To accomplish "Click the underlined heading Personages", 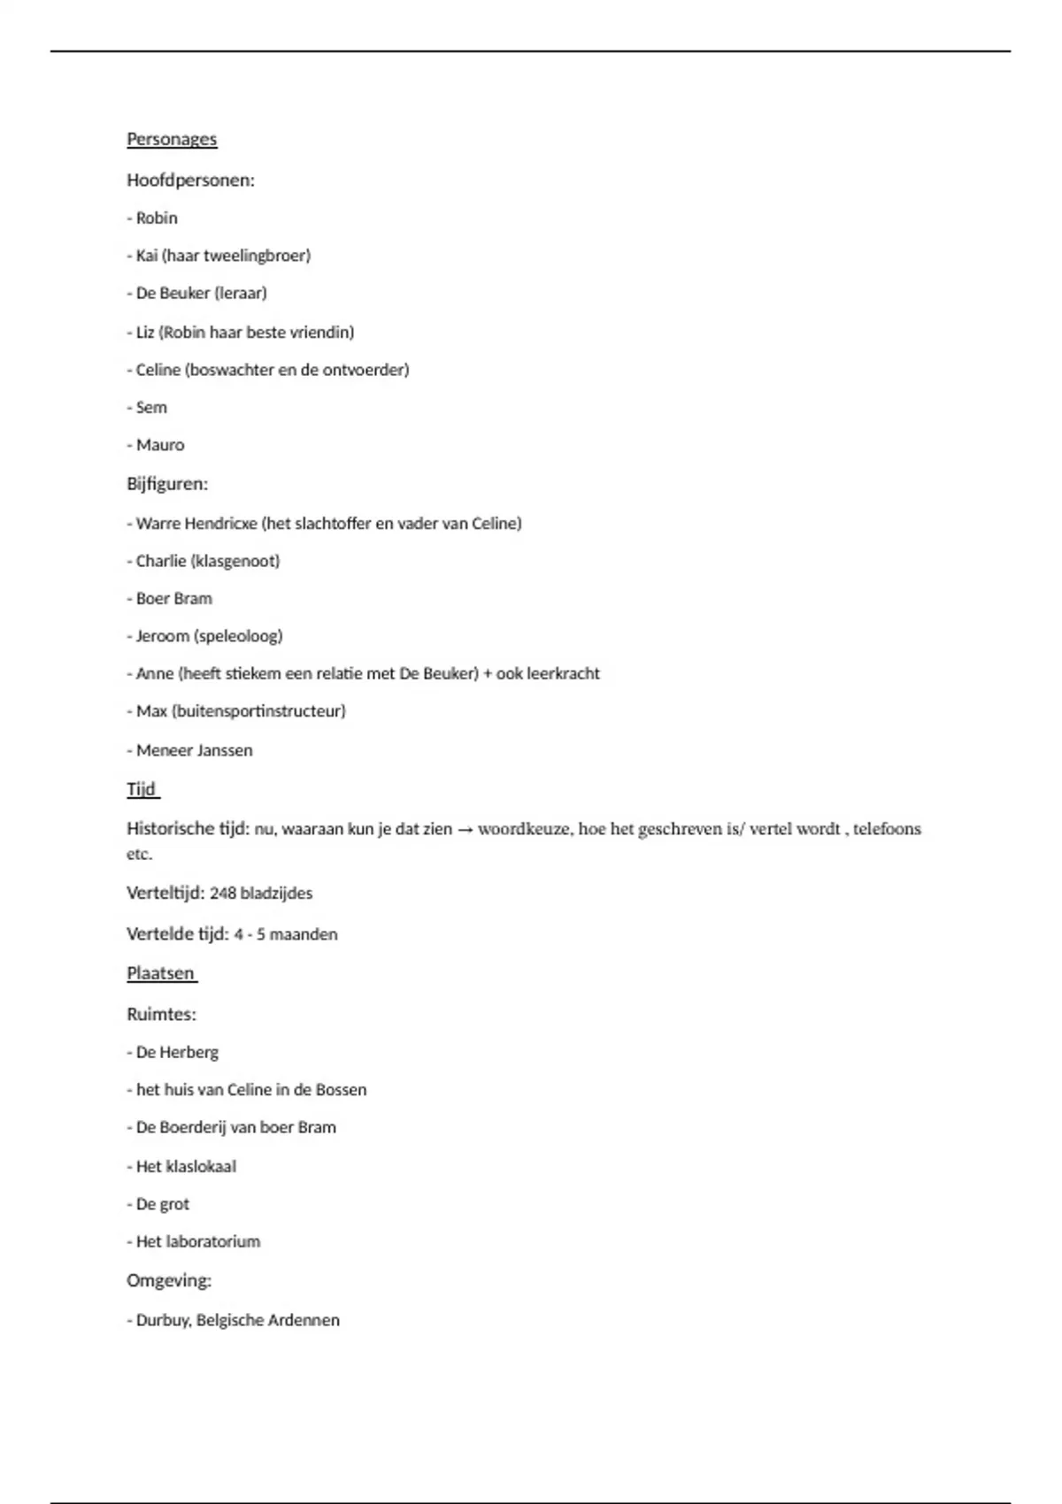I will click(172, 139).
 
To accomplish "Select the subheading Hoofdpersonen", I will click(190, 180).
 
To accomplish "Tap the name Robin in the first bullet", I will click(157, 219).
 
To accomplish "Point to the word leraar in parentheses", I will click(240, 293).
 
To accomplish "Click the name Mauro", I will click(160, 445).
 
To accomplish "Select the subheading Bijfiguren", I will click(167, 484).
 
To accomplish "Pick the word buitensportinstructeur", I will click(258, 711).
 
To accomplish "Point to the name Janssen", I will click(225, 750).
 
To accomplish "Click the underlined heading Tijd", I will click(142, 789).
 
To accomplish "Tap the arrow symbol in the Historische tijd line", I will click(466, 830).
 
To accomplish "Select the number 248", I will click(223, 894).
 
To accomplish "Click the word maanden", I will click(304, 934).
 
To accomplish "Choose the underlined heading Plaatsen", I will click(160, 973).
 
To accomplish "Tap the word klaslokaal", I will click(201, 1167).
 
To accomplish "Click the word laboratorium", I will click(213, 1242).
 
